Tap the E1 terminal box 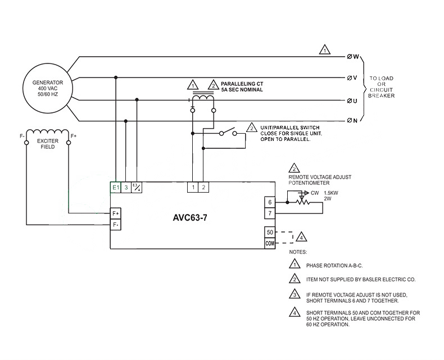point(115,188)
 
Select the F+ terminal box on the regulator point(115,213)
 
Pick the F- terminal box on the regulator point(115,224)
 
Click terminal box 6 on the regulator point(270,202)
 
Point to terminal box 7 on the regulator point(270,213)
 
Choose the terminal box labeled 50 point(270,233)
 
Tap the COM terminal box point(270,243)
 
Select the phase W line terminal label point(354,57)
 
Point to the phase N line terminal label point(354,121)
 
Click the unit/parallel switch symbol point(228,133)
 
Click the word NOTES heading point(298,252)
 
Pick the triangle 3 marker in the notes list point(294,295)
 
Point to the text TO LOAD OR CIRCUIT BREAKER point(382,87)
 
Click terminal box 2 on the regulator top point(203,188)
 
